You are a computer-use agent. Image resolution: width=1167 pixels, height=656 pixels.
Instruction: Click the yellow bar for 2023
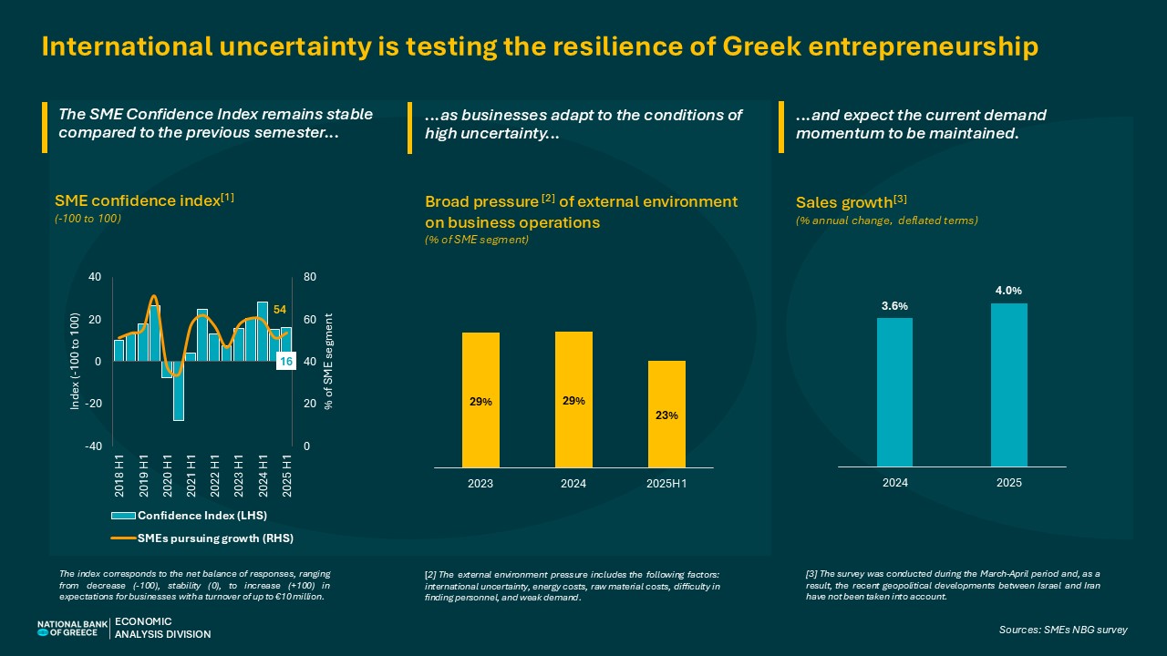point(480,400)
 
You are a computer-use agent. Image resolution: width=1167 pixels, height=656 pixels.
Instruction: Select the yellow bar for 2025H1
point(666,415)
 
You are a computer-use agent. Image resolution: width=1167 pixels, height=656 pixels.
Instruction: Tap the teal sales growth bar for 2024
point(894,392)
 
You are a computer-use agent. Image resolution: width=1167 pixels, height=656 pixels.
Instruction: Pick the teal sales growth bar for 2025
point(1009,384)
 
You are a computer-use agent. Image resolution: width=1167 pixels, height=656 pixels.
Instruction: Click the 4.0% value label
point(1009,291)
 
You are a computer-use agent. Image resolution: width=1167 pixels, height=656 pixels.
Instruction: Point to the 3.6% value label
point(894,306)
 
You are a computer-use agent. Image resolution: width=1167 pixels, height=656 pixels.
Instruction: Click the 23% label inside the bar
point(666,415)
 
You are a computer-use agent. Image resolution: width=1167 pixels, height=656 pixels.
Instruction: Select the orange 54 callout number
point(281,311)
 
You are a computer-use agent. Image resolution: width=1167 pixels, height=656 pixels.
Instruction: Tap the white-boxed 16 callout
point(284,362)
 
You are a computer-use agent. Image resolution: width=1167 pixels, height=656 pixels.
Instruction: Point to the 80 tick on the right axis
point(309,277)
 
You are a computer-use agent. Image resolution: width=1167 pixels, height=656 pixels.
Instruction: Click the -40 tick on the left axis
point(94,446)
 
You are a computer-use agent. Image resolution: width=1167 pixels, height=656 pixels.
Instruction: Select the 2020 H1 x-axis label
point(167,475)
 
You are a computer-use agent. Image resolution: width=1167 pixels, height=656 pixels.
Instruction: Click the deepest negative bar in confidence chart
point(179,391)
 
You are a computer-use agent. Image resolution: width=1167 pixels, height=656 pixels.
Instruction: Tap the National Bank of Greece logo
point(72,628)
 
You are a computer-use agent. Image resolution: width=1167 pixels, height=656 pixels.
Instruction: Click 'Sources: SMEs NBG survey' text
point(1063,630)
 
